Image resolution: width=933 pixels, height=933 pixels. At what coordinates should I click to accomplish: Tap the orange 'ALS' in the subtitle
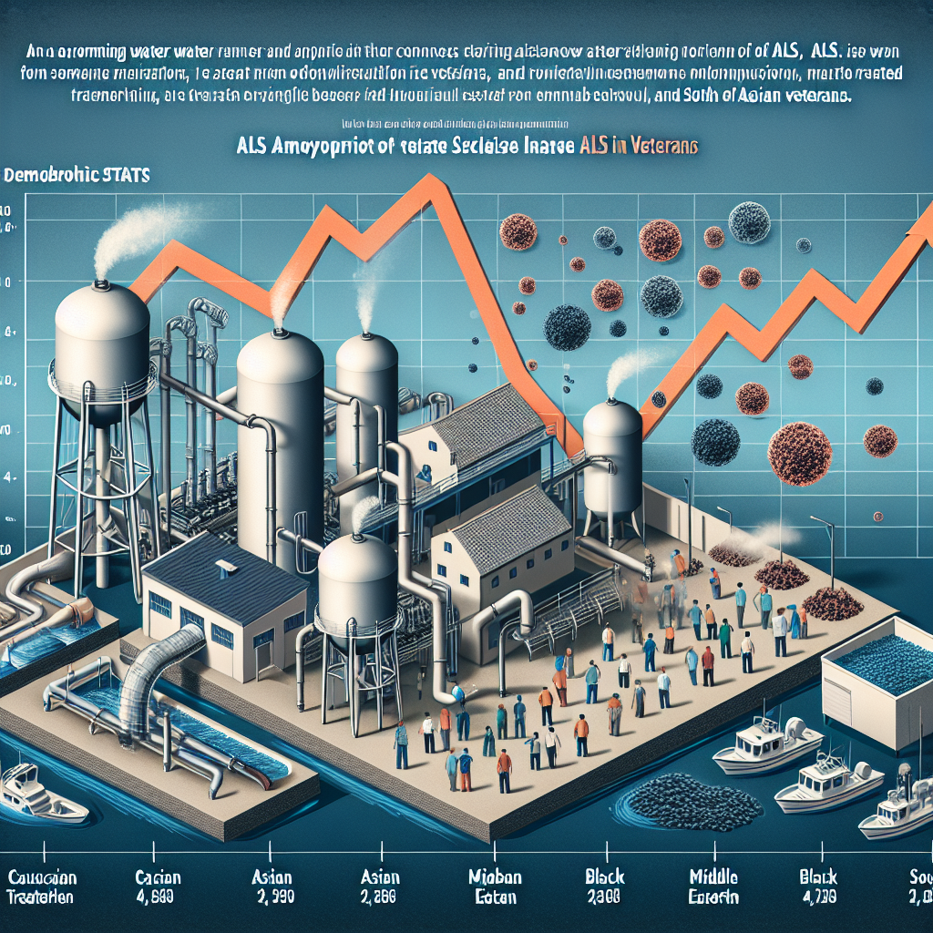tap(590, 144)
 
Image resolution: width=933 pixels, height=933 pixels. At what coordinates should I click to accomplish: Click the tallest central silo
tap(280, 428)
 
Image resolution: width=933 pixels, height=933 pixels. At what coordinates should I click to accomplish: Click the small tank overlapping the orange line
tap(611, 456)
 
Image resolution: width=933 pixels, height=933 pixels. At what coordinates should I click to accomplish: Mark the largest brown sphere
tap(799, 450)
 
